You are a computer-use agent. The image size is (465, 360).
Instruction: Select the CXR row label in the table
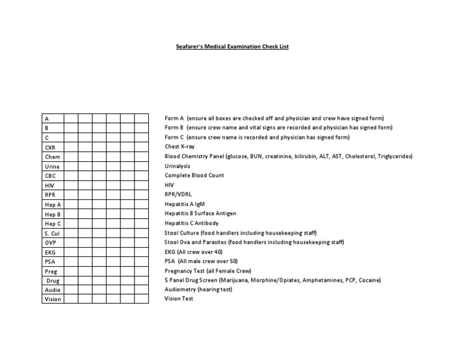pyautogui.click(x=50, y=147)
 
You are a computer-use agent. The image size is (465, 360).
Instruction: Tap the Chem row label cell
pyautogui.click(x=53, y=157)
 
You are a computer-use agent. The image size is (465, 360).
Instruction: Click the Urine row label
pyautogui.click(x=53, y=167)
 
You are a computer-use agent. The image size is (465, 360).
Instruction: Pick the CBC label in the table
pyautogui.click(x=51, y=176)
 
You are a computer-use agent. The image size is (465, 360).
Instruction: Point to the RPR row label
pyautogui.click(x=50, y=195)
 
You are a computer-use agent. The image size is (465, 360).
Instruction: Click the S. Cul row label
pyautogui.click(x=53, y=233)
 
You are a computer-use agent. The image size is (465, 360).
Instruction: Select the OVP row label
pyautogui.click(x=51, y=242)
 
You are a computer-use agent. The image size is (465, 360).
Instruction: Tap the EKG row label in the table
pyautogui.click(x=50, y=252)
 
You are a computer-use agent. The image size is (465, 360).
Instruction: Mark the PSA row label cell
pyautogui.click(x=50, y=262)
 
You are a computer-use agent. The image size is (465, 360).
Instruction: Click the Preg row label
pyautogui.click(x=51, y=272)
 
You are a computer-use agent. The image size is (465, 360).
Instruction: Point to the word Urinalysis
pyautogui.click(x=177, y=165)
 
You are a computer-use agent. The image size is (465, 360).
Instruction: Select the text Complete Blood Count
pyautogui.click(x=194, y=175)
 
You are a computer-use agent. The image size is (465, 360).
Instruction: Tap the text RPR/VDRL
pyautogui.click(x=178, y=194)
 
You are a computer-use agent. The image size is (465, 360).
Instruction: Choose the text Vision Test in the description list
pyautogui.click(x=179, y=299)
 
